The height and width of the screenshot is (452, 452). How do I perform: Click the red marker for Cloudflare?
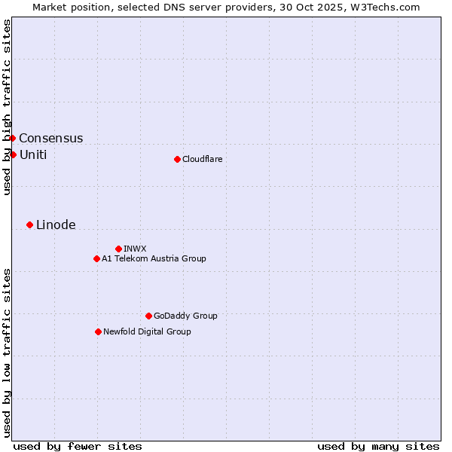[x=177, y=159]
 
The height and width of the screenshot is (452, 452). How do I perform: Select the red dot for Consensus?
[x=12, y=138]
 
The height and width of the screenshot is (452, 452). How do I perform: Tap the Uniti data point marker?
[x=13, y=154]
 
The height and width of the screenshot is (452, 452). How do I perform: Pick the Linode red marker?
[x=29, y=224]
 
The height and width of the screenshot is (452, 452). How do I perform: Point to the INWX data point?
[x=118, y=249]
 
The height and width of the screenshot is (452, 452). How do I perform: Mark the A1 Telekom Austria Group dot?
[x=96, y=258]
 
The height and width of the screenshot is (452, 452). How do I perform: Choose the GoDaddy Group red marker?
[x=148, y=316]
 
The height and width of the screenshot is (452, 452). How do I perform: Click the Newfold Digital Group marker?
[x=98, y=331]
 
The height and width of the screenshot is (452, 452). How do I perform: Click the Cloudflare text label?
[x=202, y=159]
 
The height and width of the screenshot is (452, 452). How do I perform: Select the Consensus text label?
[x=51, y=139]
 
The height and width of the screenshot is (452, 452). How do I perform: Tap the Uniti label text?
[x=33, y=155]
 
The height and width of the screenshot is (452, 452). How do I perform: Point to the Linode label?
[x=56, y=225]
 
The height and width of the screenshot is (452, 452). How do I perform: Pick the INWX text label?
[x=135, y=249]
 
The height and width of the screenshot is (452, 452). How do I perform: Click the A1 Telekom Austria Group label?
[x=154, y=258]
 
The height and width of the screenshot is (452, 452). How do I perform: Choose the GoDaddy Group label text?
[x=185, y=316]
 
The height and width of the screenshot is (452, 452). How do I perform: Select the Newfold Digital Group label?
[x=147, y=331]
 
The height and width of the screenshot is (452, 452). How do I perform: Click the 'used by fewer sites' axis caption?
[x=78, y=446]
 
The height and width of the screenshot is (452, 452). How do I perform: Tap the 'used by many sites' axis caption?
[x=378, y=446]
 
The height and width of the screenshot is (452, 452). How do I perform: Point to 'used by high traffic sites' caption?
[x=7, y=107]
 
